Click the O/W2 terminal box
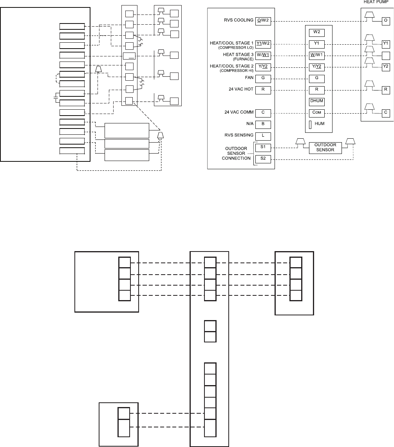(x=263, y=20)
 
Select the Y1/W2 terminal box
(x=263, y=44)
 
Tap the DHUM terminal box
(x=316, y=101)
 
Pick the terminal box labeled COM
(x=316, y=113)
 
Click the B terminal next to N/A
(x=263, y=125)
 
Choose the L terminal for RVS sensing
(x=263, y=136)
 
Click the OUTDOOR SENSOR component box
(x=325, y=147)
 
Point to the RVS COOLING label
(x=237, y=20)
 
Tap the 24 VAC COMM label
(x=241, y=113)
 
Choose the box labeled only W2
(x=316, y=32)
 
